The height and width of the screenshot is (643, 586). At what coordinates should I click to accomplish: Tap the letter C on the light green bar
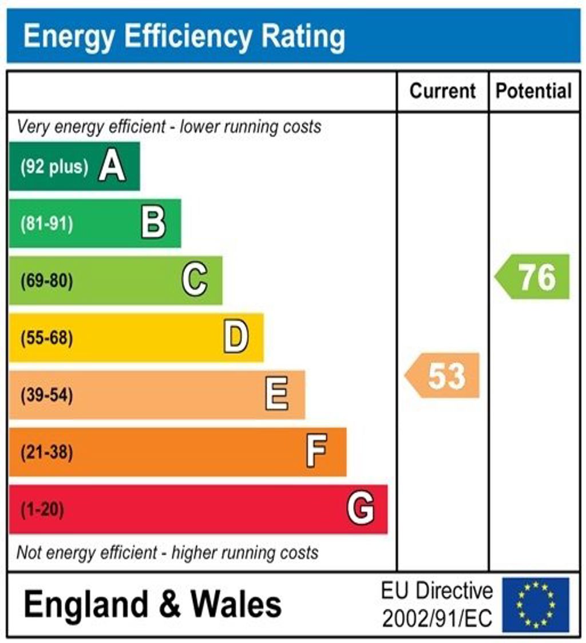point(195,281)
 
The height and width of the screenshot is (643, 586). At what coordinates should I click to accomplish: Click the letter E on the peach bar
point(277,395)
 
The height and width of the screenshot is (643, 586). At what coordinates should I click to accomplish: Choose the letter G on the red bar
point(361,509)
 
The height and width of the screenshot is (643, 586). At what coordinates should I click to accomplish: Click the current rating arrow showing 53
point(444,376)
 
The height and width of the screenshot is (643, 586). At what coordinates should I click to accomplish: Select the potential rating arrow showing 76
point(533,277)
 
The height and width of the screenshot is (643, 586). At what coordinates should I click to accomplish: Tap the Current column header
point(443,91)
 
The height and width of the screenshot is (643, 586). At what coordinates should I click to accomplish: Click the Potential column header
point(533,91)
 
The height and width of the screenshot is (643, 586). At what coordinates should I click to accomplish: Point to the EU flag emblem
point(536,605)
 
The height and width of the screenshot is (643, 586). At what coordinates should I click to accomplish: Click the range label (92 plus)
point(54,167)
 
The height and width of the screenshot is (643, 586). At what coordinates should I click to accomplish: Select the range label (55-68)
point(47,338)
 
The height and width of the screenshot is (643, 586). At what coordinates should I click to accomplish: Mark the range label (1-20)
point(42,509)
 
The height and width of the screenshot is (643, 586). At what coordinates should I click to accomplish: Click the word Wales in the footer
point(236,605)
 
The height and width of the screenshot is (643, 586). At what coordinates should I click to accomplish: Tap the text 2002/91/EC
point(437,618)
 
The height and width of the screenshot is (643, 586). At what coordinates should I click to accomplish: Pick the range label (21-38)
point(47,453)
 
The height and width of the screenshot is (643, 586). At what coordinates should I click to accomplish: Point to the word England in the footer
point(86,605)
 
